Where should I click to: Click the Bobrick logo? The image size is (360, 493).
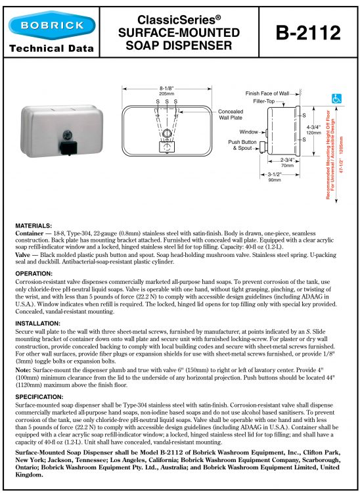(52, 25)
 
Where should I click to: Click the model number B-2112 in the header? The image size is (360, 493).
(308, 33)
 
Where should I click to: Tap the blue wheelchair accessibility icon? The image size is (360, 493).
(336, 99)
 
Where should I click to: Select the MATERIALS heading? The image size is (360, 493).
(34, 225)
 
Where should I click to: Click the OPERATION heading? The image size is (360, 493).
(34, 273)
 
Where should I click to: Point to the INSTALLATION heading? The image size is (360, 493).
(37, 323)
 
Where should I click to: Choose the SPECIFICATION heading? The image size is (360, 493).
(39, 397)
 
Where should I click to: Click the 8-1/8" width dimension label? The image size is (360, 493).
(167, 89)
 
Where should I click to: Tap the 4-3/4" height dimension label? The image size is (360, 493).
(313, 128)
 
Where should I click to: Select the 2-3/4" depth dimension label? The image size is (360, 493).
(288, 160)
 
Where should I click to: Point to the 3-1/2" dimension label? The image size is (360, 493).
(275, 174)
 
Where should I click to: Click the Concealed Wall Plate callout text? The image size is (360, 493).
(231, 114)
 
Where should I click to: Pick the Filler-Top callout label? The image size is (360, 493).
(264, 101)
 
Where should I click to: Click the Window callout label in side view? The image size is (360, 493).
(248, 131)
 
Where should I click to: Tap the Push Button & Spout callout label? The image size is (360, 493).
(242, 145)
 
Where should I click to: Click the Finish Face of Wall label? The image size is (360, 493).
(267, 93)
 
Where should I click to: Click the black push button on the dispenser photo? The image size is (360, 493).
(68, 148)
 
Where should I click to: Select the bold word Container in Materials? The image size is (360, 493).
(29, 233)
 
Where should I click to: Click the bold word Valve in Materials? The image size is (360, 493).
(22, 254)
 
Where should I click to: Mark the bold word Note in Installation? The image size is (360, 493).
(23, 369)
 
